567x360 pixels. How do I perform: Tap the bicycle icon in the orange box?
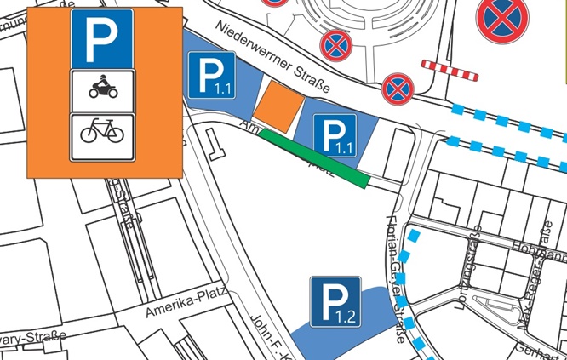tap(102, 132)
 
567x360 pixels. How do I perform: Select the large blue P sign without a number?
tap(102, 37)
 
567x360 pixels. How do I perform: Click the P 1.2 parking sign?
tap(335, 301)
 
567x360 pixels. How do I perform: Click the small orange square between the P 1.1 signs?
tap(278, 105)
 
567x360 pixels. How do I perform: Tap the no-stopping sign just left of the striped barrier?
tap(398, 88)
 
